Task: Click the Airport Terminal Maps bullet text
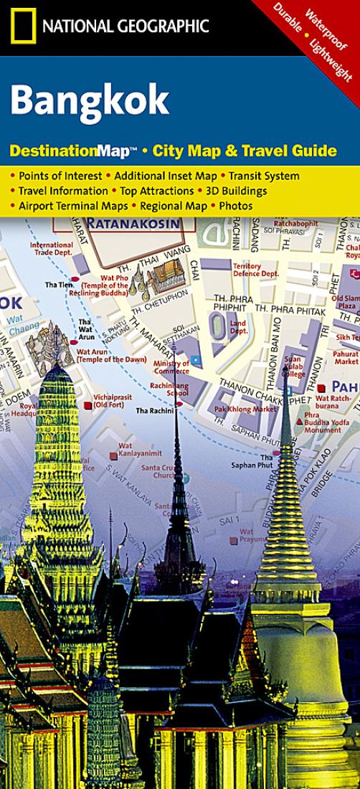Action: point(72,206)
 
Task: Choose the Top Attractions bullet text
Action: point(156,191)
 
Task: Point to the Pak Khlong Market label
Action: point(245,409)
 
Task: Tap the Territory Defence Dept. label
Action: point(255,270)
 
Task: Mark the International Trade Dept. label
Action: point(52,248)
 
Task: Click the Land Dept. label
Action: point(238,327)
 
